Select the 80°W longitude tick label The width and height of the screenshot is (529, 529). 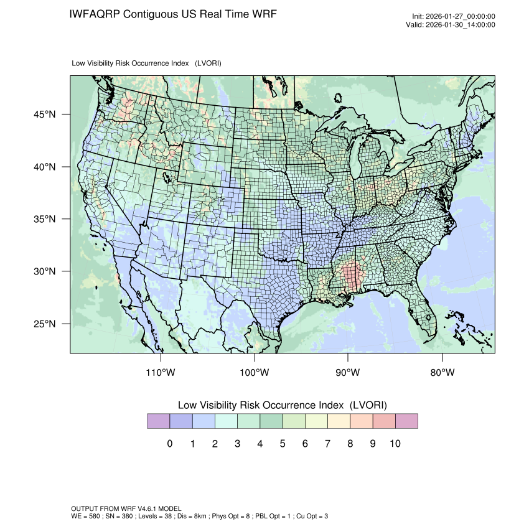pos(442,373)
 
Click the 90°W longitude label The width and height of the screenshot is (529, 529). pos(349,373)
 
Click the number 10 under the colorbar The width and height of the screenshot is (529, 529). pos(395,444)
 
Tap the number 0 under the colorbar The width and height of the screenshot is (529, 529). pos(169,444)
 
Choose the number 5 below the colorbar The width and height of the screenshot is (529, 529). pos(282,444)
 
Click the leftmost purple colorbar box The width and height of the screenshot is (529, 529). pos(158,421)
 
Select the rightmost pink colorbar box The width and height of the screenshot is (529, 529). pos(406,421)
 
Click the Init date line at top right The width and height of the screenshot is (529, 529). pos(453,17)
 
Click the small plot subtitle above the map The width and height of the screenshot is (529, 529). pos(147,63)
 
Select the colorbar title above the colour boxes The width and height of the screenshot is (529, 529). pos(282,405)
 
